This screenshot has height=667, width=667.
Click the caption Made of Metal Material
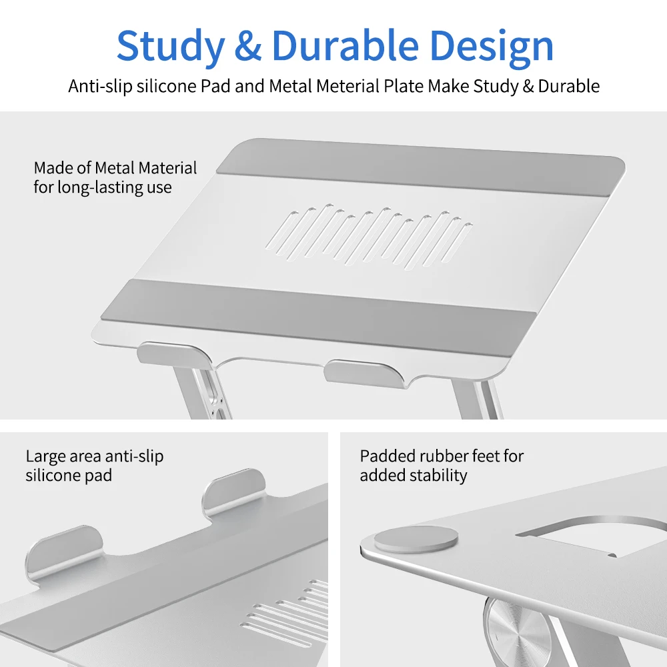tap(115, 168)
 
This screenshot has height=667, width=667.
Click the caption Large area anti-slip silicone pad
tap(94, 466)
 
